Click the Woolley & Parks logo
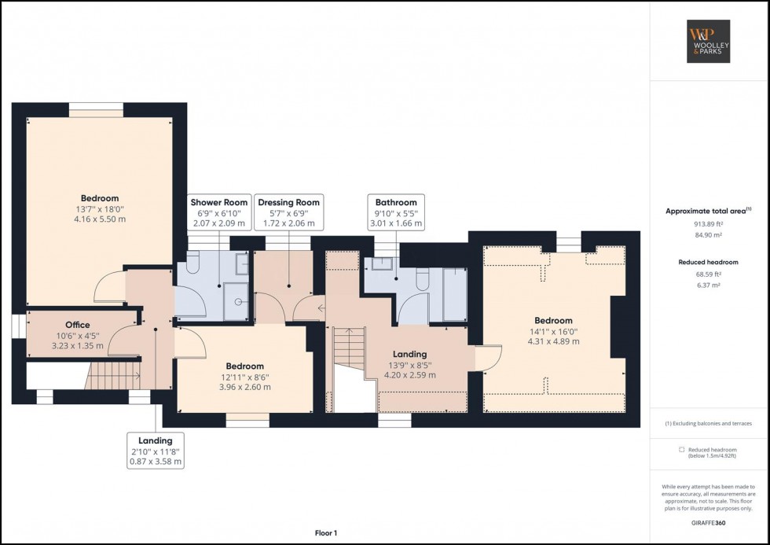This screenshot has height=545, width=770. coord(709,41)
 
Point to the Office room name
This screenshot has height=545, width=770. coord(77,325)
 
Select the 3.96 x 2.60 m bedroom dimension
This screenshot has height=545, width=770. coord(245,387)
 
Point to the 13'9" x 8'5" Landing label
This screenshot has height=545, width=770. coord(409,365)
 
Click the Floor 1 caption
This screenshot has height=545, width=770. coord(324,533)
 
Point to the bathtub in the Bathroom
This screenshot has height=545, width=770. coord(454,294)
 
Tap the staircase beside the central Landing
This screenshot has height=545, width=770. coord(346,348)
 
